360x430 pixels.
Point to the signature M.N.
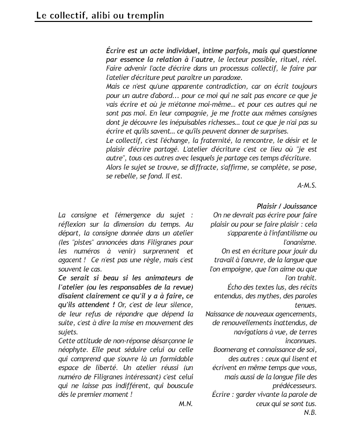point(186,404)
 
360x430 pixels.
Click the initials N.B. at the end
point(310,412)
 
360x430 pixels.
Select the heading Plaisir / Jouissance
point(287,206)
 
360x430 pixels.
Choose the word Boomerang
point(231,350)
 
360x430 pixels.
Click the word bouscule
point(179,386)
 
